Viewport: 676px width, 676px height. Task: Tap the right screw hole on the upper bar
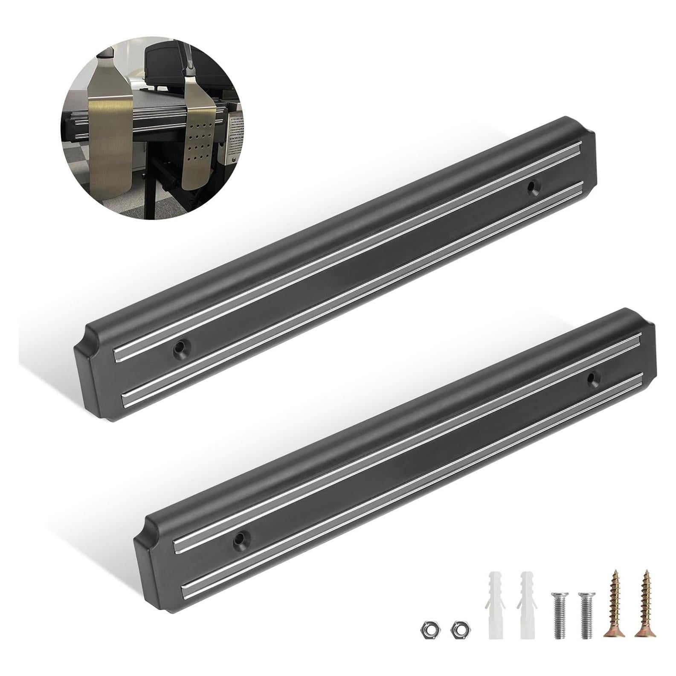[532, 186]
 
